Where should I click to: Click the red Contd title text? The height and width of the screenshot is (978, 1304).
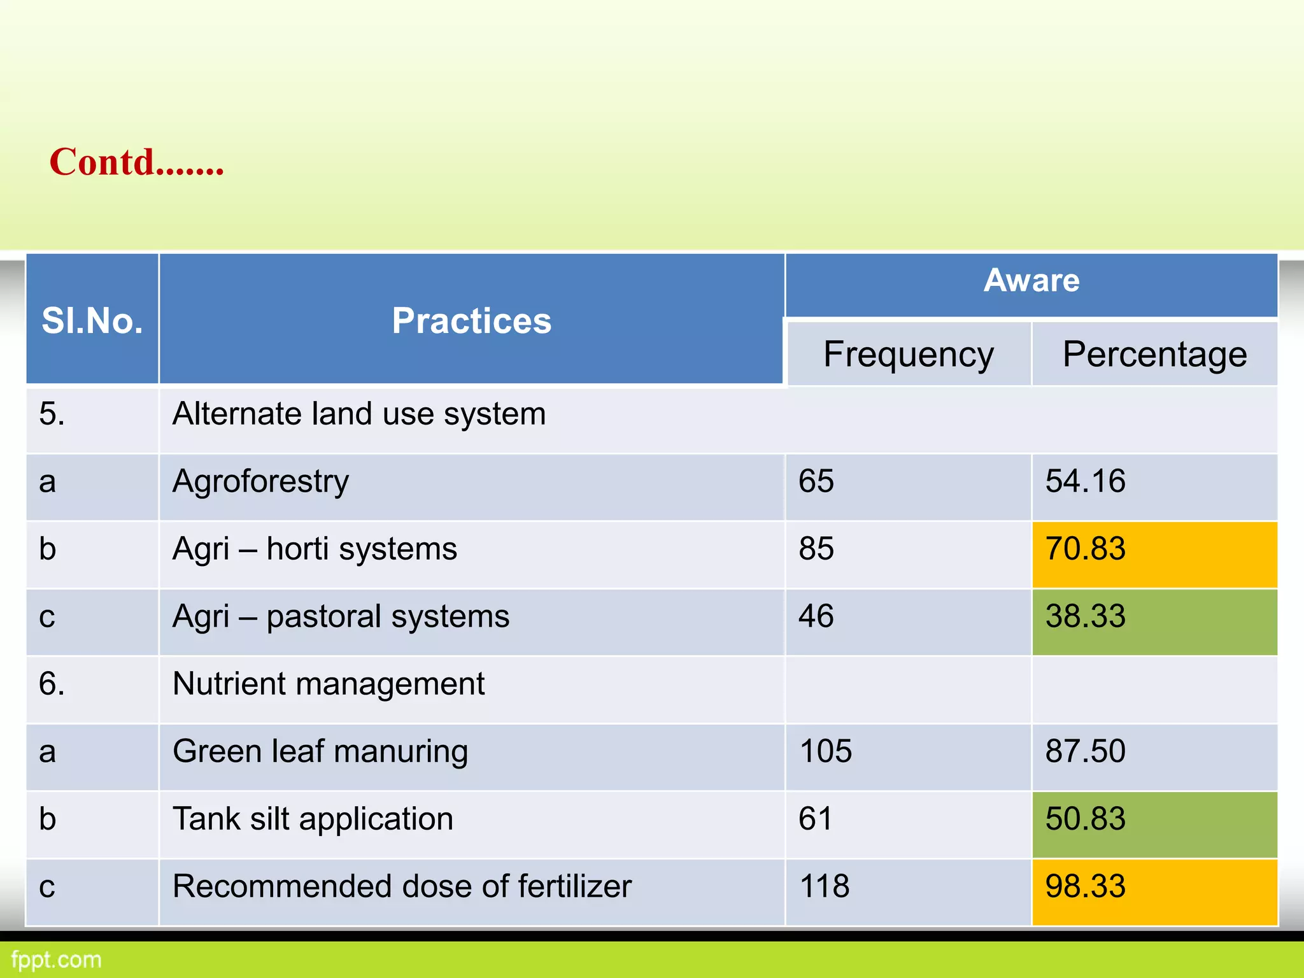136,162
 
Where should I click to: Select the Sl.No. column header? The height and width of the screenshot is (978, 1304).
92,320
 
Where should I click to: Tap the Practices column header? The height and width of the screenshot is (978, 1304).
471,320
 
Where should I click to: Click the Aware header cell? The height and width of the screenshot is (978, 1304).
1031,281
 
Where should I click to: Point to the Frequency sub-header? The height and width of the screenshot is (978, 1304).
908,354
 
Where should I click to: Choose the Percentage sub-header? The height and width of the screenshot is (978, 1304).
1154,354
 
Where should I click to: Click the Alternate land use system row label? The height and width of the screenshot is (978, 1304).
359,414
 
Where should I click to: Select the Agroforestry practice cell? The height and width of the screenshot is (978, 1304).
261,481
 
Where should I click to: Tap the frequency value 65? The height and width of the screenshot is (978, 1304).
816,481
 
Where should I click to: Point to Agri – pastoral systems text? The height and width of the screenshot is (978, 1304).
341,616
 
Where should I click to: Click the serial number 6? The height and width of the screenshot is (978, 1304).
52,684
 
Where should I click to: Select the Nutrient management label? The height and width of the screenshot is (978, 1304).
329,684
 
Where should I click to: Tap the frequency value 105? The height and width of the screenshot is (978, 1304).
826,751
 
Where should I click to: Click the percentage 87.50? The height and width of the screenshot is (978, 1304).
1086,751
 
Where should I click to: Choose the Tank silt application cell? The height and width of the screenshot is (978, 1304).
313,819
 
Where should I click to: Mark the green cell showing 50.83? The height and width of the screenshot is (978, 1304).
1154,823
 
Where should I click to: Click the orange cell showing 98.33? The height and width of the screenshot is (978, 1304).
1154,891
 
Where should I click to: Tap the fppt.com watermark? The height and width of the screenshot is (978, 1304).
57,960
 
